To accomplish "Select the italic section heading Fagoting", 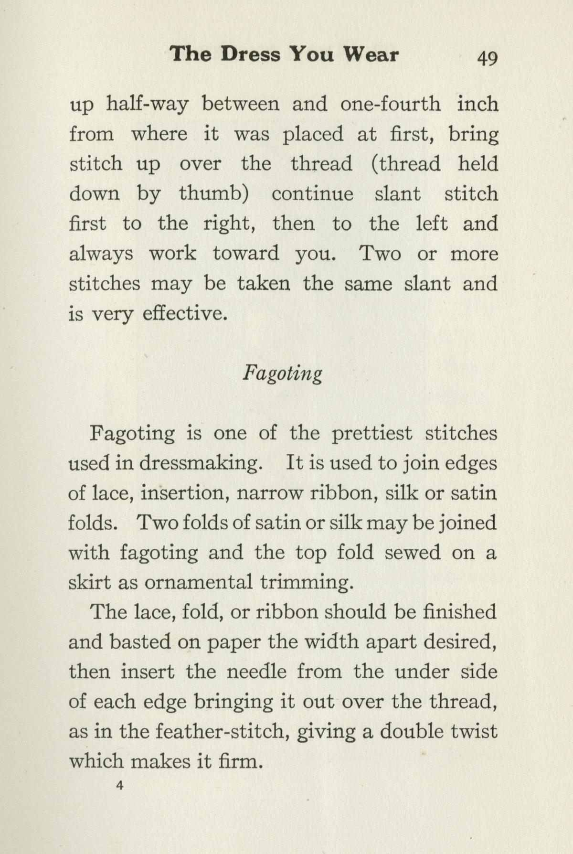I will [x=282, y=374].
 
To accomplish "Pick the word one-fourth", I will [x=391, y=104].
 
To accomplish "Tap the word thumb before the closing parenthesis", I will [x=210, y=194].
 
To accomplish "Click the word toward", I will [x=246, y=253].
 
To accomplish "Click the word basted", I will [x=140, y=642].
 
